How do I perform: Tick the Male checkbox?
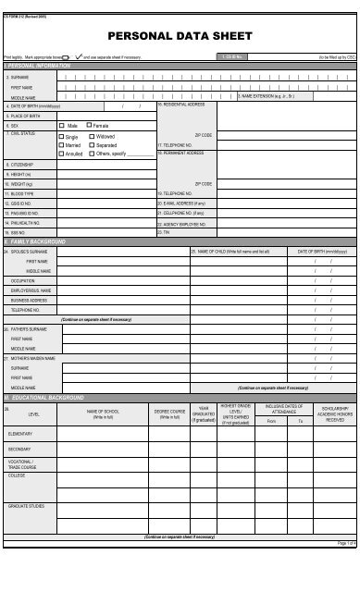pos(62,125)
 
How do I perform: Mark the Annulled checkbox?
pos(62,154)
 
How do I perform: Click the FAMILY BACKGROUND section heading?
pos(36,241)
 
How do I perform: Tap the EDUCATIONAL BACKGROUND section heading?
pos(46,397)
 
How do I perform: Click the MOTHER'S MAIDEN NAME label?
pos(33,358)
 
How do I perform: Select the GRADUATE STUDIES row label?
pos(26,507)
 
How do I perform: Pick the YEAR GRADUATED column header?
pos(206,414)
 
